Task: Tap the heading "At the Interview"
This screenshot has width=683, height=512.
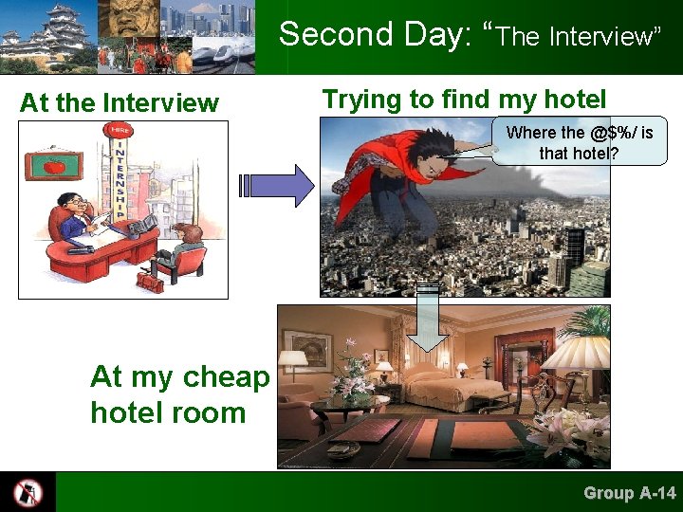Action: pyautogui.click(x=119, y=102)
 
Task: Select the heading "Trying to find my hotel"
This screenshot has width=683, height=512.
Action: pyautogui.click(x=464, y=98)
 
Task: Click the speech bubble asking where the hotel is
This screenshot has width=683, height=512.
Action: pyautogui.click(x=580, y=141)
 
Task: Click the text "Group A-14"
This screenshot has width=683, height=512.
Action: pyautogui.click(x=629, y=492)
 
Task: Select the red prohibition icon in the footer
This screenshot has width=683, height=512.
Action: pyautogui.click(x=28, y=492)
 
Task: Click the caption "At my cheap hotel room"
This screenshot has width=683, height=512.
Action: pyautogui.click(x=179, y=394)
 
